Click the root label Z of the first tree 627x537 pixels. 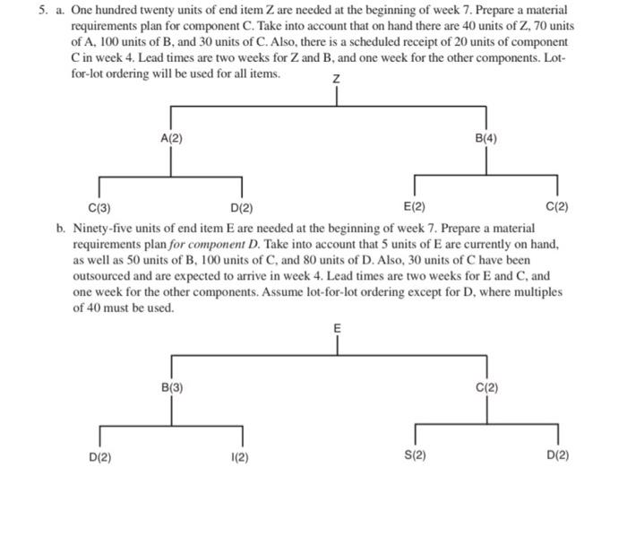pos(337,81)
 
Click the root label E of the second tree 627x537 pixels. pos(337,329)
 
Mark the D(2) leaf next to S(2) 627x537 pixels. pos(556,455)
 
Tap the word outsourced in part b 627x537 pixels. pos(106,276)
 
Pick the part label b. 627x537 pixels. pos(60,228)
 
